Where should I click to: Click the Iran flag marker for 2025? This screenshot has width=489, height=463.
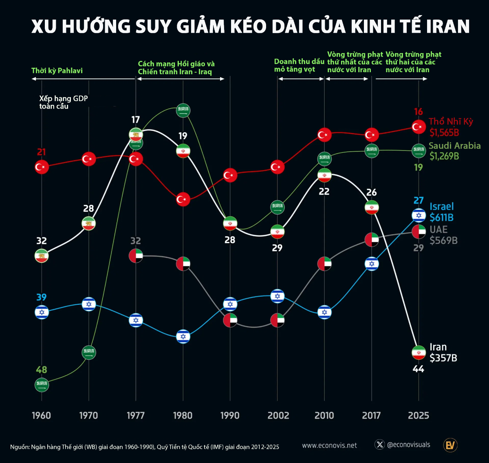[419, 352]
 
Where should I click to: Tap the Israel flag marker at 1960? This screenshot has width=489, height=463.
[42, 312]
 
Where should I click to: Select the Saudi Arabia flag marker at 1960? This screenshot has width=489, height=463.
[42, 384]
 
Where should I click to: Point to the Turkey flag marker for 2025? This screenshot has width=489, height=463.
[419, 127]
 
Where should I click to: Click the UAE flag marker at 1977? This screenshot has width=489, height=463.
[136, 255]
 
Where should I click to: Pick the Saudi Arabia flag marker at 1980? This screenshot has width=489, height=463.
[183, 110]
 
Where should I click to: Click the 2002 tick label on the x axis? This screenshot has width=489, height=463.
[278, 415]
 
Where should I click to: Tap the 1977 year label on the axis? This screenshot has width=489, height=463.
[136, 415]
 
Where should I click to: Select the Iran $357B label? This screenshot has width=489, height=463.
[443, 353]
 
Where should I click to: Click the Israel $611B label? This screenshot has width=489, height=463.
[441, 212]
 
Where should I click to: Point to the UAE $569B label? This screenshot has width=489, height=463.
[443, 235]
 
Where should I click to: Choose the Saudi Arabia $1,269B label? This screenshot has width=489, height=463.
[454, 151]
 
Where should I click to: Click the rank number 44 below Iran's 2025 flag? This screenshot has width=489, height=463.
[419, 369]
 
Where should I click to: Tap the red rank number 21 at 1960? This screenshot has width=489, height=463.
[42, 152]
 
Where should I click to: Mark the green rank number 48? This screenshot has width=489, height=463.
[42, 370]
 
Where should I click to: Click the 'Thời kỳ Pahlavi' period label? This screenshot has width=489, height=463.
[57, 71]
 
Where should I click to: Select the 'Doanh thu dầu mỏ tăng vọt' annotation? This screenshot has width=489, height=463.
[299, 65]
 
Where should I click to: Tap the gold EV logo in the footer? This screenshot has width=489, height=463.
[450, 445]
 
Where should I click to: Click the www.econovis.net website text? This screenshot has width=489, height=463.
[329, 445]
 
